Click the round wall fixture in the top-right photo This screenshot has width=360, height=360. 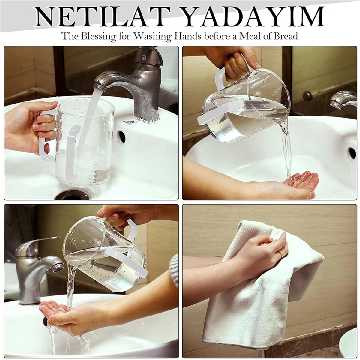coord(307,96)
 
